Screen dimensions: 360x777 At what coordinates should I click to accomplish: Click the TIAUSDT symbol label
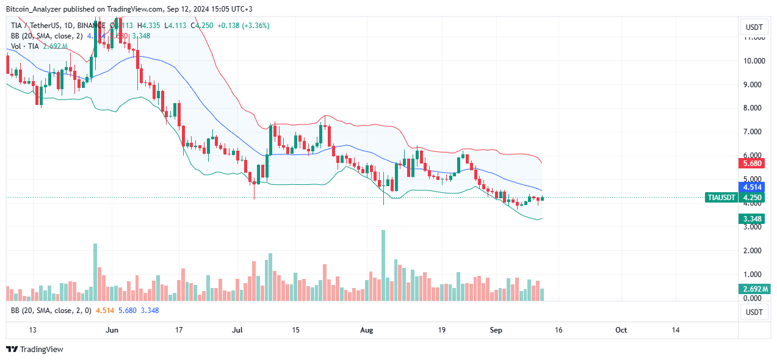(x=721, y=198)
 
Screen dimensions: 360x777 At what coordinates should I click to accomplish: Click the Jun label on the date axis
(x=112, y=330)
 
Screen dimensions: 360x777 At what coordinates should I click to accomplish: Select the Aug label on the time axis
(x=366, y=330)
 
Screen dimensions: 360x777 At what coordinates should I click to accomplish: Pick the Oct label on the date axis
(x=621, y=330)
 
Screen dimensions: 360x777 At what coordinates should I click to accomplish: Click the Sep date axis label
(x=496, y=330)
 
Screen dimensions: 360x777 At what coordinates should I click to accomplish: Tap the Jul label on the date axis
(x=238, y=330)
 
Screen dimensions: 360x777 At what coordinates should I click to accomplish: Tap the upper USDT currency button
(x=754, y=27)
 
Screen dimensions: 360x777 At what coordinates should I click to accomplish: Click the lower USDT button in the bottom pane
(x=754, y=312)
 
